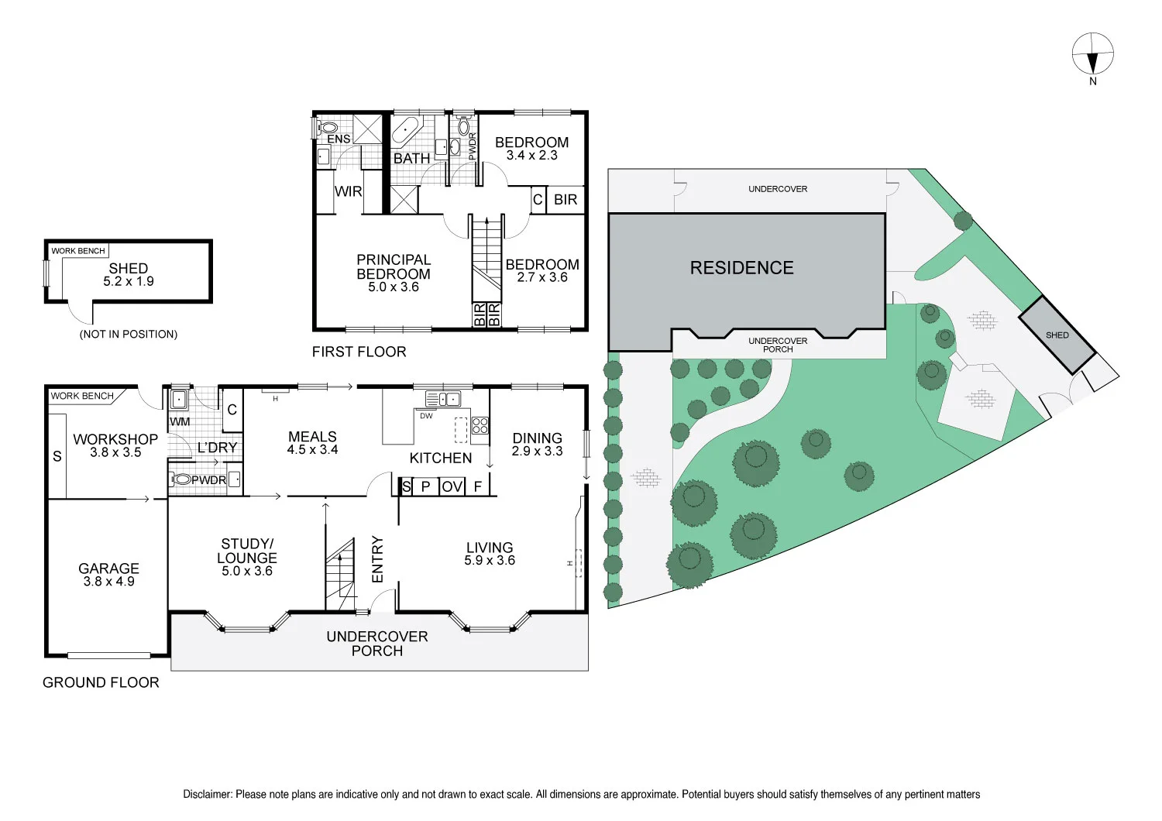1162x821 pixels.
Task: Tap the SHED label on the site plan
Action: click(x=1057, y=335)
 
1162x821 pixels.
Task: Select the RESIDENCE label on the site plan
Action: click(x=741, y=268)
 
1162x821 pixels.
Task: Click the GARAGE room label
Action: click(x=108, y=569)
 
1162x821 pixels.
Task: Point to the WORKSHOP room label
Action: click(x=115, y=439)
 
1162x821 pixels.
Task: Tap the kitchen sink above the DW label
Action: click(x=442, y=400)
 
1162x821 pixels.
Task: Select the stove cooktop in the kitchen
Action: click(x=480, y=425)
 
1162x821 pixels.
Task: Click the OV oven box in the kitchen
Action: click(x=452, y=486)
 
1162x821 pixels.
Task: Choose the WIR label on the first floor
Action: click(x=348, y=191)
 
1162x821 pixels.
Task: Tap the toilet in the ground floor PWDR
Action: click(x=181, y=479)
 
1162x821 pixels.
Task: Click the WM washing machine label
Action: click(x=180, y=421)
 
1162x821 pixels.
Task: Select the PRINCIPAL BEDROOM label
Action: click(x=394, y=266)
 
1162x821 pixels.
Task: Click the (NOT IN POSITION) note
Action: click(x=129, y=334)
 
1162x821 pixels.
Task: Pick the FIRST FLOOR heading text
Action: click(x=359, y=352)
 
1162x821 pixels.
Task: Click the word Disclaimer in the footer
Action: click(x=207, y=794)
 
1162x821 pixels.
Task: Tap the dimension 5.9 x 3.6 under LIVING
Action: click(x=490, y=561)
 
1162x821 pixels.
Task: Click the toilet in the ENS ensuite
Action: click(x=328, y=127)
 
